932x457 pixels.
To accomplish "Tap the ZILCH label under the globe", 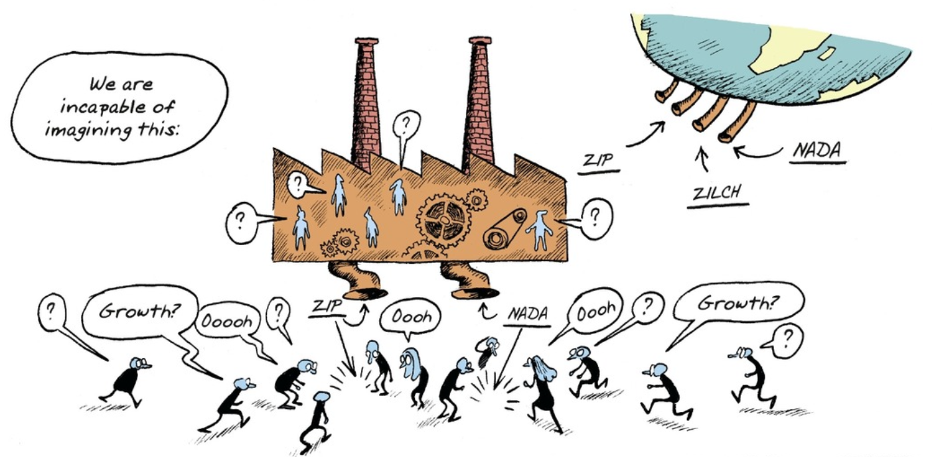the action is pyautogui.click(x=717, y=193).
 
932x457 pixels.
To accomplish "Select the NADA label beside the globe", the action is pyautogui.click(x=816, y=150).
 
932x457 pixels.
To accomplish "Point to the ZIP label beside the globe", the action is pyautogui.click(x=598, y=160).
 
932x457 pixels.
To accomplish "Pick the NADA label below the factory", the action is pyautogui.click(x=528, y=314).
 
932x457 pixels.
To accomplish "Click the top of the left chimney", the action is pyautogui.click(x=366, y=41).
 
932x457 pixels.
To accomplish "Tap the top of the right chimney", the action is pyautogui.click(x=480, y=41).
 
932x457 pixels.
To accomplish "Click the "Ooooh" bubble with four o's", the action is pyautogui.click(x=227, y=320).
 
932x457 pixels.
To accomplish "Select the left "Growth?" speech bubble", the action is pyautogui.click(x=140, y=312).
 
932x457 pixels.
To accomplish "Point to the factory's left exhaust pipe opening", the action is pyautogui.click(x=364, y=294).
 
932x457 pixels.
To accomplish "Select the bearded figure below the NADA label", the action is pyautogui.click(x=488, y=351).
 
